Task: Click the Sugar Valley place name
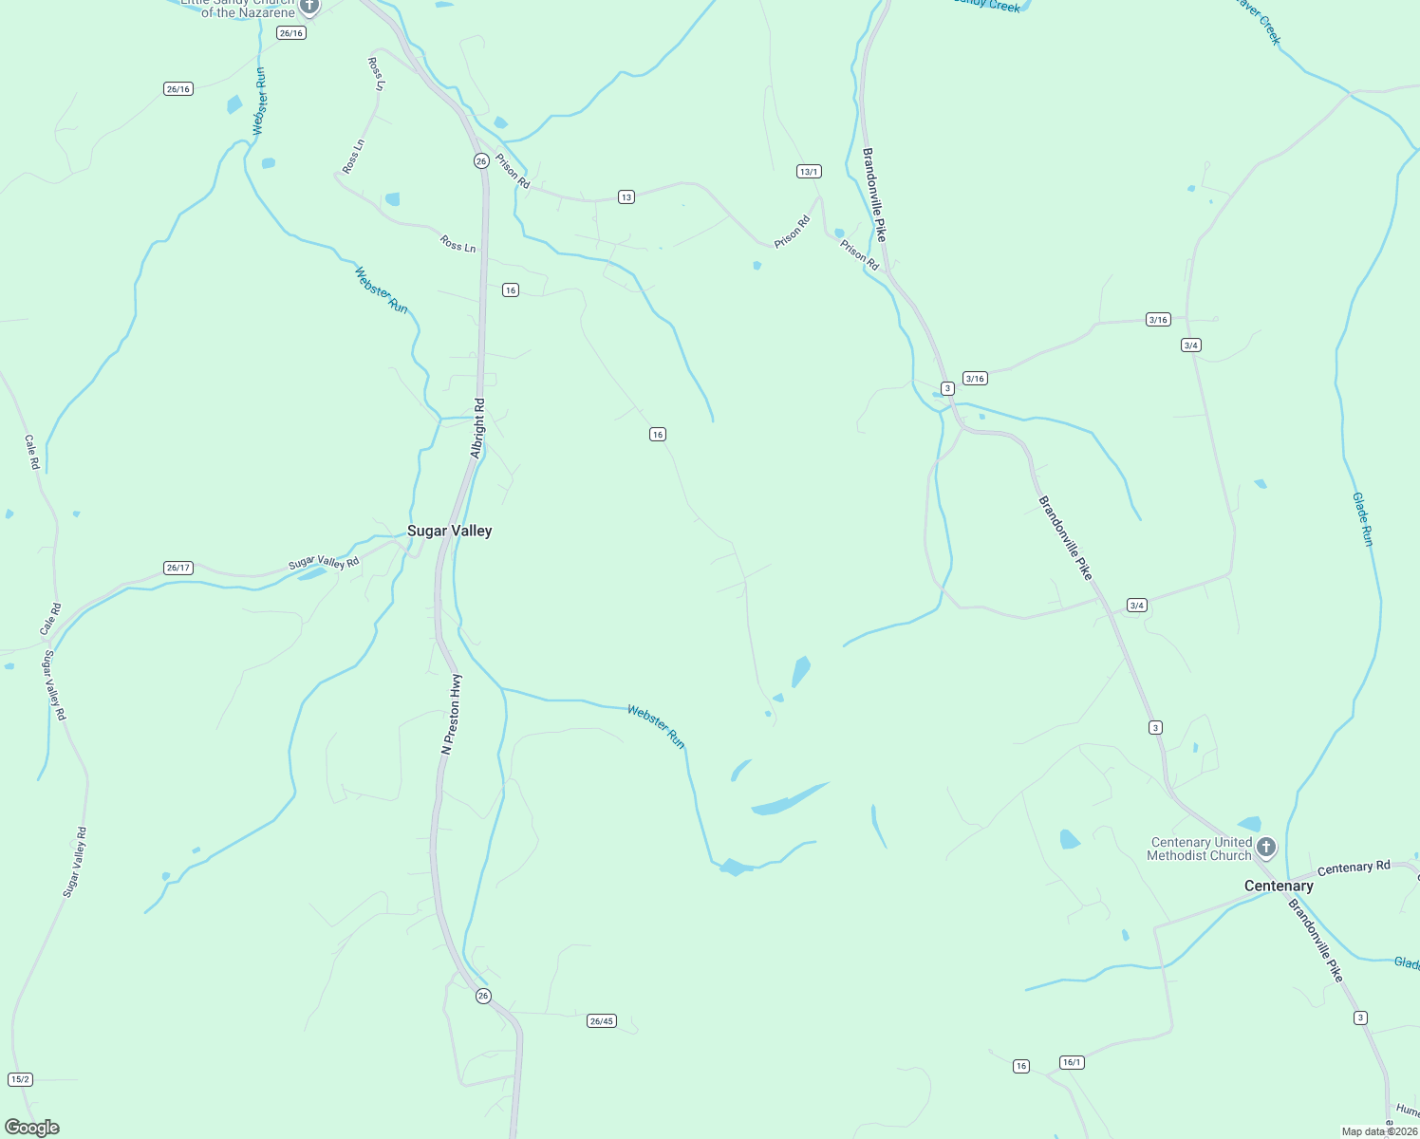[x=449, y=531]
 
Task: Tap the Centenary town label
[x=1279, y=886]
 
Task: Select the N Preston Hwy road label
[x=452, y=714]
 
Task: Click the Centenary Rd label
[x=1354, y=868]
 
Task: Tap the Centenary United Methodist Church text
[x=1200, y=849]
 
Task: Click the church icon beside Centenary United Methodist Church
[x=1265, y=847]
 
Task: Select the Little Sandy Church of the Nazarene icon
[x=308, y=7]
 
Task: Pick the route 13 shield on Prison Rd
[x=626, y=197]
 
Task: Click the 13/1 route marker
[x=809, y=172]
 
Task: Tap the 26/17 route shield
[x=178, y=568]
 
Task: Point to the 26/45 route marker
[x=602, y=1021]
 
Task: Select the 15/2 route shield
[x=20, y=1079]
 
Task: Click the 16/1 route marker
[x=1072, y=1062]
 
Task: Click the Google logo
[x=32, y=1128]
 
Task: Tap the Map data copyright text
[x=1378, y=1131]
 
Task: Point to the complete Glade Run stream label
[x=1362, y=519]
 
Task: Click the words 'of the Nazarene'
[x=248, y=13]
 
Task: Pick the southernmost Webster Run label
[x=656, y=726]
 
